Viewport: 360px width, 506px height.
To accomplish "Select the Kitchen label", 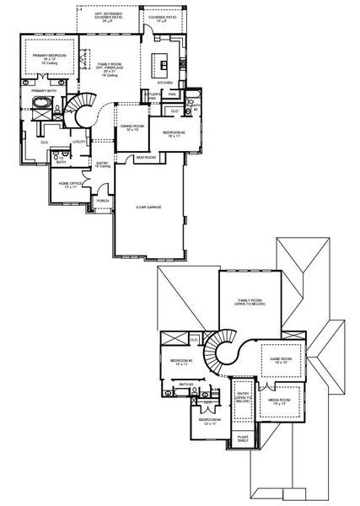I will click(x=165, y=83).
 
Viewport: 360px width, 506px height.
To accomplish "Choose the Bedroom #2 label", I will click(x=174, y=133).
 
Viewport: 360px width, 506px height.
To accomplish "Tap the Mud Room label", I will click(x=146, y=157).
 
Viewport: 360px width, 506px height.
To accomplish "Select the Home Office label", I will click(x=70, y=184).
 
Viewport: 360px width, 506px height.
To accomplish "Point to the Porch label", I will click(x=103, y=201).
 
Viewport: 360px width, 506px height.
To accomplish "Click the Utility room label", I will click(x=78, y=142).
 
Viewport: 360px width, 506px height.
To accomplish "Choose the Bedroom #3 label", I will click(x=181, y=363).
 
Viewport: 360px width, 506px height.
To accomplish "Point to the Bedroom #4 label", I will click(x=209, y=420).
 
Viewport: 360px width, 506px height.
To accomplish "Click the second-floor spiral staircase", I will click(x=226, y=348).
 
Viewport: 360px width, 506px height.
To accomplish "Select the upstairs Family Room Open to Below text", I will click(x=249, y=303).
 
